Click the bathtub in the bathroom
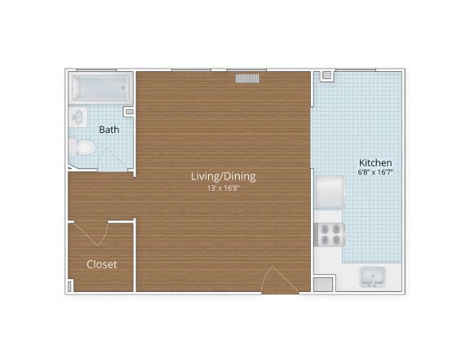pyautogui.click(x=100, y=87)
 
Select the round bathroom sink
pyautogui.click(x=78, y=117)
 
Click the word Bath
pyautogui.click(x=109, y=130)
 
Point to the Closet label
pyautogui.click(x=102, y=264)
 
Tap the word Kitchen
pyautogui.click(x=375, y=163)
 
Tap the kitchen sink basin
pyautogui.click(x=373, y=278)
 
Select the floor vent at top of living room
pyautogui.click(x=248, y=78)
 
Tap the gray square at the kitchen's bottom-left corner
pyautogui.click(x=324, y=285)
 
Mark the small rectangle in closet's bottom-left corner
pyautogui.click(x=71, y=286)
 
